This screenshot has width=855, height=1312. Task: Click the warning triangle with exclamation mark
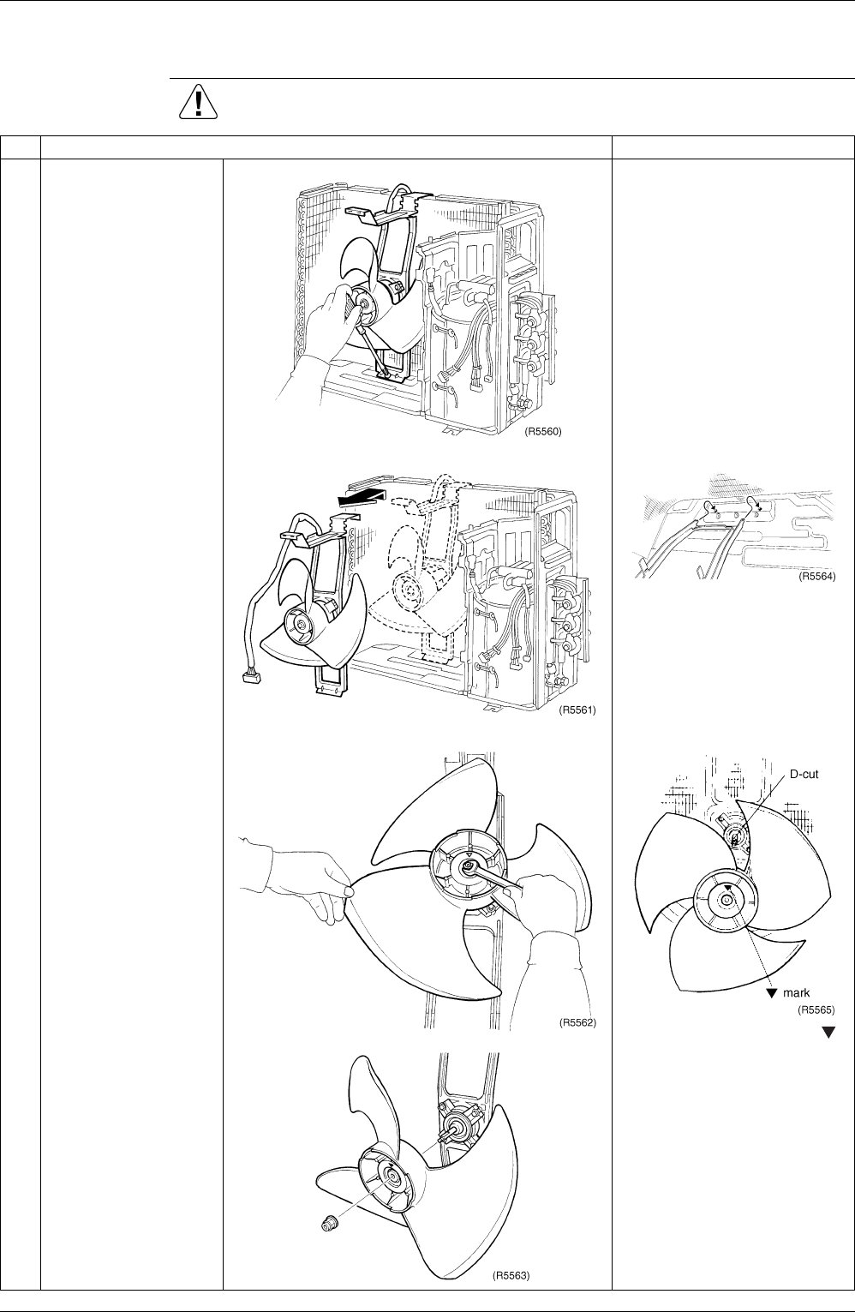click(x=199, y=103)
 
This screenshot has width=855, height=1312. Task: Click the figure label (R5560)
click(x=542, y=432)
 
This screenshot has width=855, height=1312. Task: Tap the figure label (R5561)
click(x=577, y=710)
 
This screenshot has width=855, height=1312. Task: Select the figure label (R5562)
click(x=577, y=1022)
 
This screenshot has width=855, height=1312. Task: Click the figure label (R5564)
click(x=817, y=577)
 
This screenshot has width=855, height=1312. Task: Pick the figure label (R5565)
click(x=816, y=1009)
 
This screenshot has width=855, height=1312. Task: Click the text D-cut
click(x=804, y=775)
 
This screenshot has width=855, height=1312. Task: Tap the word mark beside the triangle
click(x=797, y=993)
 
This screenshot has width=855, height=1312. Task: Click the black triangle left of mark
click(x=772, y=993)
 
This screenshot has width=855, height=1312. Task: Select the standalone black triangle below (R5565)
click(x=828, y=1033)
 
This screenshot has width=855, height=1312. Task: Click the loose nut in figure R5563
click(x=331, y=1224)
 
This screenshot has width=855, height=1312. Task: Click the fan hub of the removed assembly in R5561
click(x=301, y=626)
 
